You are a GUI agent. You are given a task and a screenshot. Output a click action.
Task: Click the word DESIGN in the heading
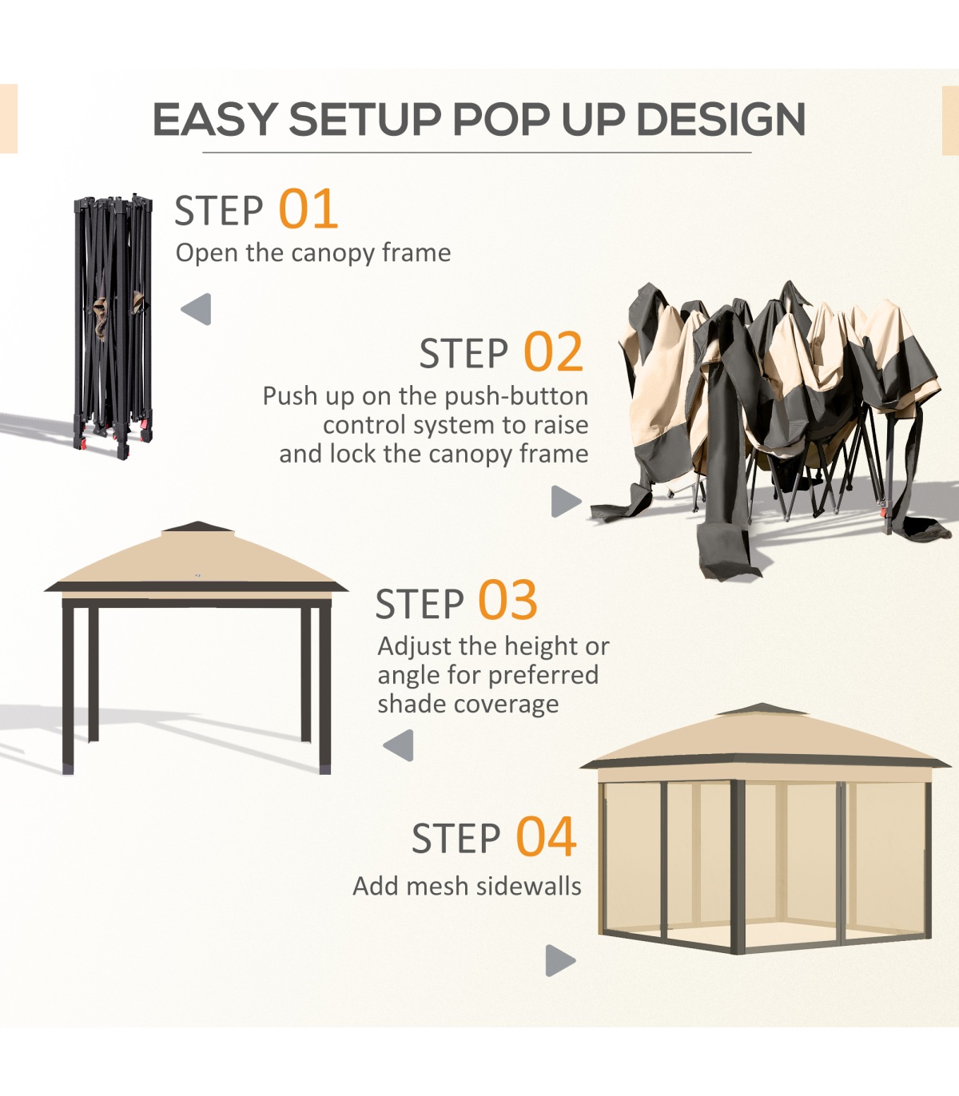click(721, 118)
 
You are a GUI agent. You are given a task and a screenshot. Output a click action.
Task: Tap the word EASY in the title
click(215, 118)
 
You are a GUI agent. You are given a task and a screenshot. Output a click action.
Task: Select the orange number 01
click(308, 209)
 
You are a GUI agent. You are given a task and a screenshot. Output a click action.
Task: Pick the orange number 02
click(554, 351)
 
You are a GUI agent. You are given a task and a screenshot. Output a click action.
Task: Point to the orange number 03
click(507, 600)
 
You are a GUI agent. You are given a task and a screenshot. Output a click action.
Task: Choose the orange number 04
click(546, 836)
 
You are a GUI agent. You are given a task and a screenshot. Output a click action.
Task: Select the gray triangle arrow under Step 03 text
click(398, 745)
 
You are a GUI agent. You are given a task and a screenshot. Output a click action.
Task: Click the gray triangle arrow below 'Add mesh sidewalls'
click(560, 960)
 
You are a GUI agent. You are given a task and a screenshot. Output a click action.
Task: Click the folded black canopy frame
click(113, 325)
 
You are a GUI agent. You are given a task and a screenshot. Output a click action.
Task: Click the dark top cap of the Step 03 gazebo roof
click(198, 526)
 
